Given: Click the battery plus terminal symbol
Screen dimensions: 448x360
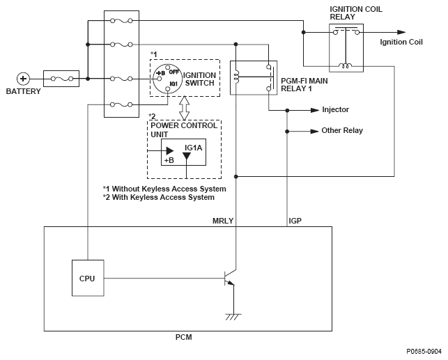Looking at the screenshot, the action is pos(23,79).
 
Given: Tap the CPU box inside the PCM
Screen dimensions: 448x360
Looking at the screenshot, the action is pos(88,278).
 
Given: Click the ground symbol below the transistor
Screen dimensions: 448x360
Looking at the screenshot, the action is pos(233,317).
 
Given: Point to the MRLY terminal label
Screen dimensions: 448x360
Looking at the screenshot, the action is pos(223,221).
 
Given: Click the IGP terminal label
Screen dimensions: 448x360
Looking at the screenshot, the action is pos(295,221).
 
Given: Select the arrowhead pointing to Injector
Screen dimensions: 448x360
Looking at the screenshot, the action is pos(315,110).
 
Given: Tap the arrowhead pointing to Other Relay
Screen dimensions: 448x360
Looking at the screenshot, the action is pos(314,132).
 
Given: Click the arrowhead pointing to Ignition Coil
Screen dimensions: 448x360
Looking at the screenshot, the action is pos(401,32).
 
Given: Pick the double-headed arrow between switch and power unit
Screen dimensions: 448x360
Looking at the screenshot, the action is pos(184,108).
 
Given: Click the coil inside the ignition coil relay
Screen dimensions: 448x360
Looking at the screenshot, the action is pos(346,65).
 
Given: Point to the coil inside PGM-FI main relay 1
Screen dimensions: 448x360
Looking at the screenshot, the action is pos(236,77).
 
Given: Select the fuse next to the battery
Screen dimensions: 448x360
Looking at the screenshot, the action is pos(61,79).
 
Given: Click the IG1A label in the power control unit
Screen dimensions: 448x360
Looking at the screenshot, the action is pos(193,148).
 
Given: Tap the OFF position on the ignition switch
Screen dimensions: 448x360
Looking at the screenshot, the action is pos(173,72).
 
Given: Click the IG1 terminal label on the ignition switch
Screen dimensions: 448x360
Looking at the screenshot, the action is pos(173,84).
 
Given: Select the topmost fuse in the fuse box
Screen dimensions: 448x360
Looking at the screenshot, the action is pos(121,21).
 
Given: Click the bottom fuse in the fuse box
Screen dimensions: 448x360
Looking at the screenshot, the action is pos(121,104).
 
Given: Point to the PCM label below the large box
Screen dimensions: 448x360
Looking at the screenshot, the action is pos(183,337).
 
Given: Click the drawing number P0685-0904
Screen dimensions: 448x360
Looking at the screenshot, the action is pos(424,352).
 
